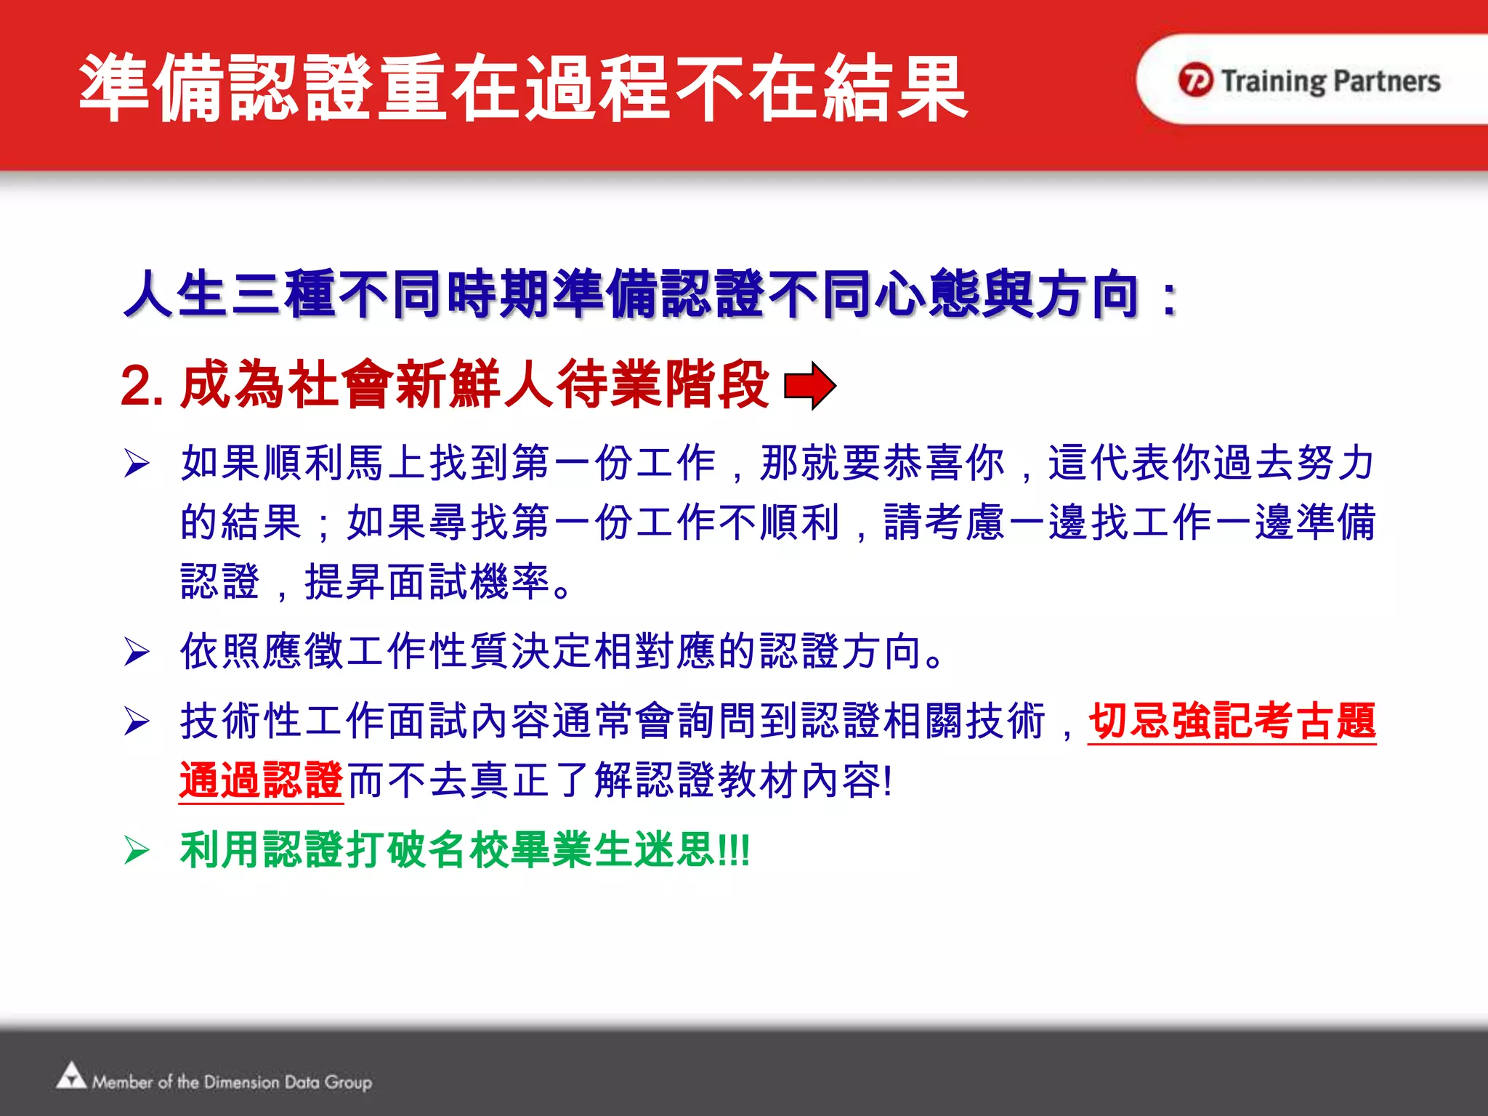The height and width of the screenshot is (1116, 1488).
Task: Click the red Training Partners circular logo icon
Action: tap(1195, 80)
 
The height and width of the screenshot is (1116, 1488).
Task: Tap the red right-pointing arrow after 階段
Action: tap(810, 386)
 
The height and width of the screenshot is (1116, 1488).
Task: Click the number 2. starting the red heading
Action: tap(142, 386)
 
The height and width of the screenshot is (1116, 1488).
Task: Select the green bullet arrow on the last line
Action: tap(137, 850)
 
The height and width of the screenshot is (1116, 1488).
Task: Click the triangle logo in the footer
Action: tap(71, 1076)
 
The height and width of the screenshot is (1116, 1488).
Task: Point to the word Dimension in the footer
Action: tap(241, 1082)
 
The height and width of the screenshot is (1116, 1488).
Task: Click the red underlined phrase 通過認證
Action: tap(261, 781)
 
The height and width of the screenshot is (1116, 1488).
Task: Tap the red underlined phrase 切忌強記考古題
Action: tap(1232, 722)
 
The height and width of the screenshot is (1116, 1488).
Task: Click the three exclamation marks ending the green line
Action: tap(734, 850)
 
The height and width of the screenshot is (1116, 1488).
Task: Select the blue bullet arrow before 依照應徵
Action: tap(137, 652)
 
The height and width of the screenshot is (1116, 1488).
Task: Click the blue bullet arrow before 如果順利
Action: tap(137, 464)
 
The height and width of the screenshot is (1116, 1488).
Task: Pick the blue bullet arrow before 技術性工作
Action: tap(137, 721)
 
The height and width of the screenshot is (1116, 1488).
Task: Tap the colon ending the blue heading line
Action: tap(1168, 298)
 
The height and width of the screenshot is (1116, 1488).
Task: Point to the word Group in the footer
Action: tap(349, 1083)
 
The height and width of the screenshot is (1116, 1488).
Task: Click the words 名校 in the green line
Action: tap(469, 850)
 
